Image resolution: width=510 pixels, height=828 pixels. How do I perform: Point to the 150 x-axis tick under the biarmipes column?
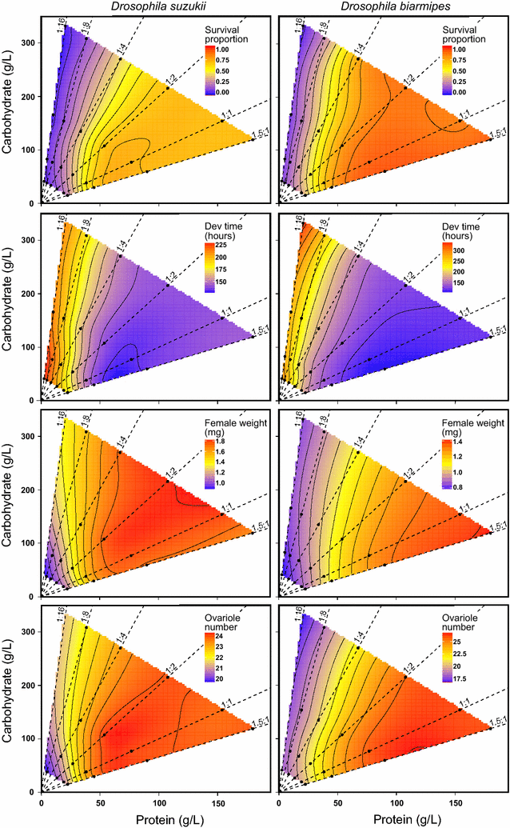tap(456, 801)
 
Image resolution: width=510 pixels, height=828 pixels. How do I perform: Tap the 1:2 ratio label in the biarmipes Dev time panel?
tap(408, 278)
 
